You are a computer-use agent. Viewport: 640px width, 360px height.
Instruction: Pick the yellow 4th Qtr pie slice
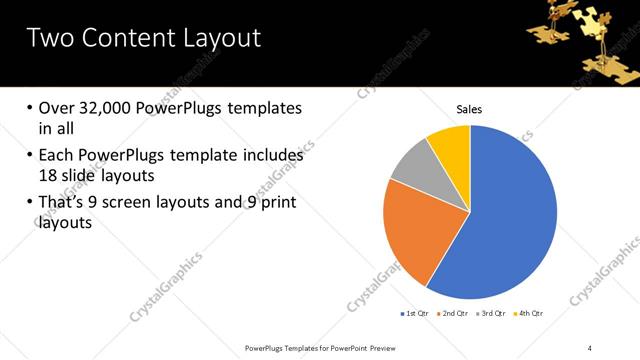451,144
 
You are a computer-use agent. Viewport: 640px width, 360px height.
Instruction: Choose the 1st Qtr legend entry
416,313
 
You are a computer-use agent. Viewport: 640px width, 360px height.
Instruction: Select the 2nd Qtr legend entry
457,313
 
